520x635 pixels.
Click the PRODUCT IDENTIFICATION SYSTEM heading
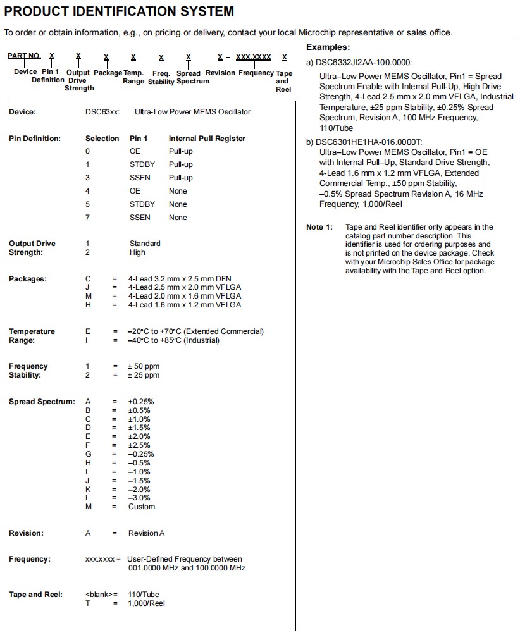click(119, 11)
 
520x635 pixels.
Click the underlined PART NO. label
click(25, 56)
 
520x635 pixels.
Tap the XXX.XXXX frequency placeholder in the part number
click(254, 57)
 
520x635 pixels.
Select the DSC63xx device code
click(99, 112)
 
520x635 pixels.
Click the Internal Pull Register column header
click(207, 139)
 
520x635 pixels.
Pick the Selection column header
click(102, 139)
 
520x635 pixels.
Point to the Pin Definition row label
click(35, 139)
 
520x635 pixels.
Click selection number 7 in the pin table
click(88, 218)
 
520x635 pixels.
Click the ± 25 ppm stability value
click(144, 375)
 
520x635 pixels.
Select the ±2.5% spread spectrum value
click(140, 445)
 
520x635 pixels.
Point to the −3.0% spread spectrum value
click(140, 498)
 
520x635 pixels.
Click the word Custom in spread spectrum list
click(142, 507)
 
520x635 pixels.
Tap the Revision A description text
click(146, 533)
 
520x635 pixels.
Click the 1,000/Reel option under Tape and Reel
click(146, 603)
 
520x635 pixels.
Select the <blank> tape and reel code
click(99, 595)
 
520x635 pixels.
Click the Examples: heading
click(328, 47)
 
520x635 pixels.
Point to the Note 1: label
click(319, 227)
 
